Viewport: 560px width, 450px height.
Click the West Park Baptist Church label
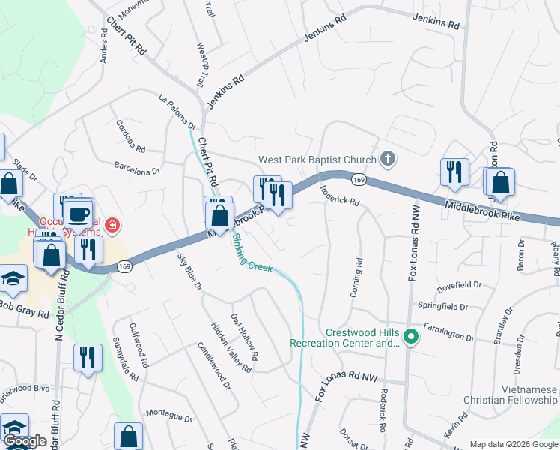click(x=317, y=160)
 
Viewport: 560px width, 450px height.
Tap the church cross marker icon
click(x=387, y=158)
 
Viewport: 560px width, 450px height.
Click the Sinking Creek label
click(x=252, y=253)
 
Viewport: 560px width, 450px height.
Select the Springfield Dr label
click(x=443, y=307)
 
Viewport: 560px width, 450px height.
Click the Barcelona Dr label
click(x=137, y=166)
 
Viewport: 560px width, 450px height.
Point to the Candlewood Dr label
click(x=213, y=366)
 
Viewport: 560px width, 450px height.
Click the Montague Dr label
click(x=169, y=415)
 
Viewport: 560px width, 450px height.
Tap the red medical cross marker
click(x=112, y=224)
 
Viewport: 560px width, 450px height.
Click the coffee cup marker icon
click(x=79, y=215)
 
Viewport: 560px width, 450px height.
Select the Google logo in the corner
click(x=25, y=442)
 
